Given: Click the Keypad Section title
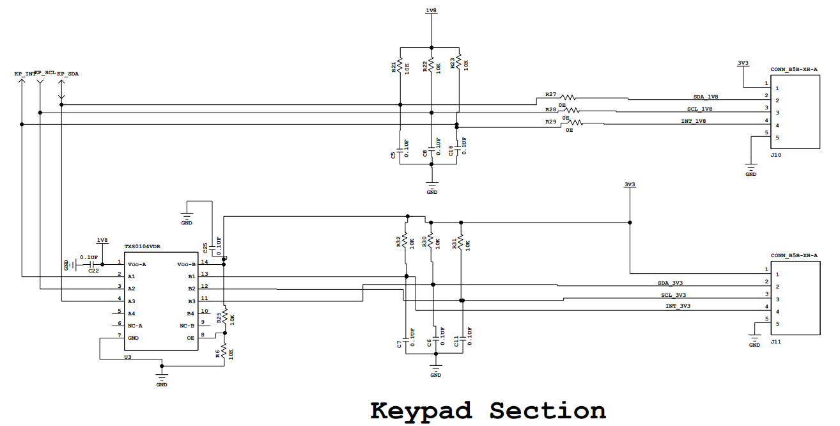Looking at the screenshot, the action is (488, 411).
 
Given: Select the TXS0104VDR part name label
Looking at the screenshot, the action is (143, 247).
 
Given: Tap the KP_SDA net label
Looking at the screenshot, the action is (68, 74).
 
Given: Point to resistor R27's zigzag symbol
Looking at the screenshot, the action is (568, 97).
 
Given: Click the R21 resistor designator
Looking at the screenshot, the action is (393, 68).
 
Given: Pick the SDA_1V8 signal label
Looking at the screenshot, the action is (706, 97).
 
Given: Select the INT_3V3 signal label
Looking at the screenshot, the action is (678, 306).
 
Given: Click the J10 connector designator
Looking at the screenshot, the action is (776, 155).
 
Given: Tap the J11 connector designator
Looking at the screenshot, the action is (776, 342).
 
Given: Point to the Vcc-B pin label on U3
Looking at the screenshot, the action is (187, 265).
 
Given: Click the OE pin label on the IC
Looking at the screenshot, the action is (191, 338).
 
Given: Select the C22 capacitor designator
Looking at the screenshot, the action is (94, 271).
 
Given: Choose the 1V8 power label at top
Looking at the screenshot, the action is (432, 10).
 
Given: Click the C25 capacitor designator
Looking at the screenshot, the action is (205, 248).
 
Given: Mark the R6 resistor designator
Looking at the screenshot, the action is (217, 354).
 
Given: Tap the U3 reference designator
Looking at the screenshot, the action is (128, 357).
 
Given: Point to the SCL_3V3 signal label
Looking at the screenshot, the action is (674, 295).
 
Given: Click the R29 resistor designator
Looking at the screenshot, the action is (551, 122).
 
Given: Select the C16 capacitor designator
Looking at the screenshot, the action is (451, 151).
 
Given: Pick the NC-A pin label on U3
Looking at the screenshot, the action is (135, 326).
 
